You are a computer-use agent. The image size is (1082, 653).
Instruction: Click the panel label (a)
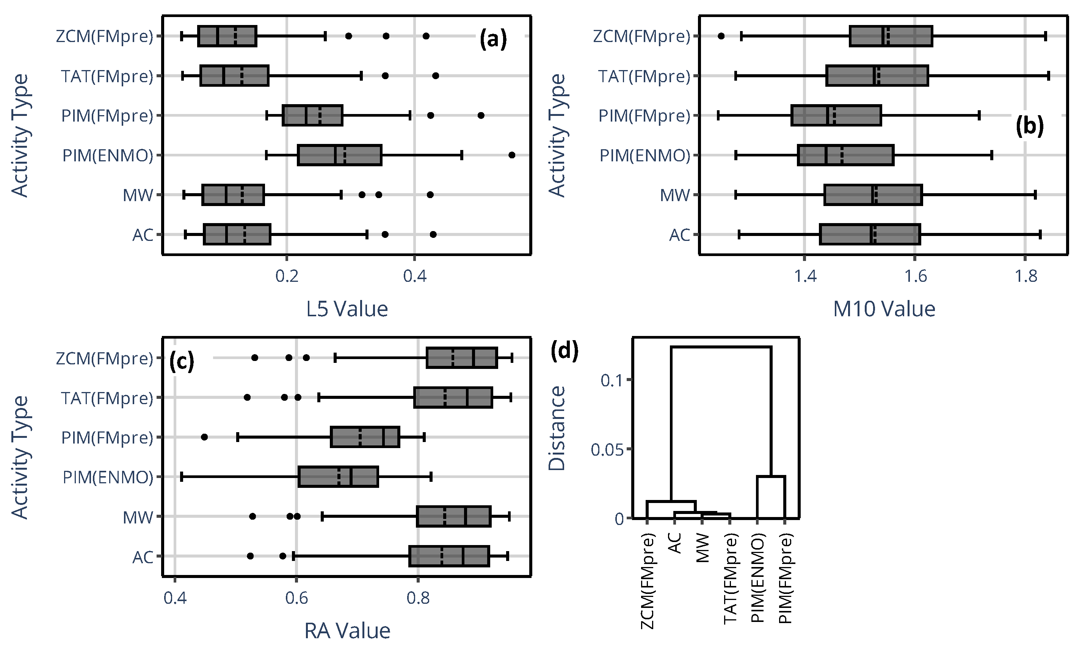pos(493,39)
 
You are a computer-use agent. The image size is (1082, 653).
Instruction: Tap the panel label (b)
pos(1029,127)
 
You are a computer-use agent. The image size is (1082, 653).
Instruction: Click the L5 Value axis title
pos(347,309)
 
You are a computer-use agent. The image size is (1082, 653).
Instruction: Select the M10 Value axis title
pos(884,309)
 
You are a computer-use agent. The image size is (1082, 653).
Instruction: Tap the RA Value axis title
pos(347,631)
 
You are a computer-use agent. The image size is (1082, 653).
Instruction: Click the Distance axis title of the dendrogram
pos(557,428)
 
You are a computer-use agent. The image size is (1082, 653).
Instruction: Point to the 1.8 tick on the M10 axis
pos(1026,277)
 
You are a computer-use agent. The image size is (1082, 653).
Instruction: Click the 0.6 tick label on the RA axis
pos(296,598)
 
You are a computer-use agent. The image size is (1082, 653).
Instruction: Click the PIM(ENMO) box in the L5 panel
pos(339,155)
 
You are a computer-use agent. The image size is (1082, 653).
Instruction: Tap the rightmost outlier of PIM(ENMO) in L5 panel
pos(511,155)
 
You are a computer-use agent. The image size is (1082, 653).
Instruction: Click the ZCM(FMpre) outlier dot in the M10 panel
pos(721,36)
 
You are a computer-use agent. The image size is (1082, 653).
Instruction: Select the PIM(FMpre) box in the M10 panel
pos(836,116)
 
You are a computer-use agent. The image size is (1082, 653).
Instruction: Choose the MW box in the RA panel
pos(454,517)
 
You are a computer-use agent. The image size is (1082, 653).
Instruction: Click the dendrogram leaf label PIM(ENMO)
pos(758,578)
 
